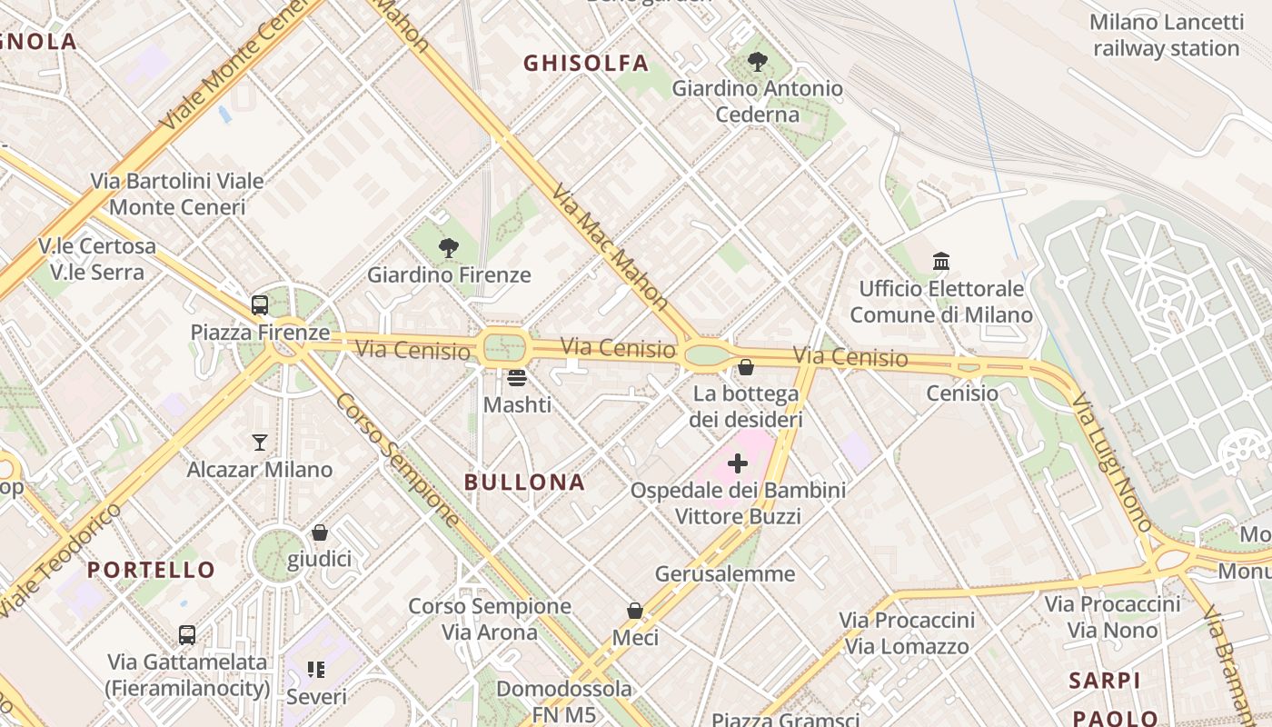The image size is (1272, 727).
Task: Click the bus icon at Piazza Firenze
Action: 260,305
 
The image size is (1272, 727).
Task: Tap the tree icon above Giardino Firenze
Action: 448,247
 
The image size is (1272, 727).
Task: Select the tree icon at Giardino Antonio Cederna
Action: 757,62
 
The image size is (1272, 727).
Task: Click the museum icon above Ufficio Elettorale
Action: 941,262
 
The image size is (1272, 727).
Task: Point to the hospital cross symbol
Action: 738,464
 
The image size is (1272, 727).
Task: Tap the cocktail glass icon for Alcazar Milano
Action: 260,443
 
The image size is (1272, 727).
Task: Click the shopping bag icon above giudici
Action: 319,533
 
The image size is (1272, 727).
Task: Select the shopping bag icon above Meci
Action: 635,611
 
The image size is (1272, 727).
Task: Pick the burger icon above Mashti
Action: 517,377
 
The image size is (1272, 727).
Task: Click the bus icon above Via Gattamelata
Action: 187,635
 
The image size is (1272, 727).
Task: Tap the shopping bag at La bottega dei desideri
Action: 746,367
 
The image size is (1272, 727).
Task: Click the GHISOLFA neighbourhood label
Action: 586,63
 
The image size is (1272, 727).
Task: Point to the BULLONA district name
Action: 524,482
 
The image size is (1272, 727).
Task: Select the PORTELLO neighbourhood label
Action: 151,570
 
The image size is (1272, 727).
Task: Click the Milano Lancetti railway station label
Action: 1167,35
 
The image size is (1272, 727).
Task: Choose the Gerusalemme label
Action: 725,573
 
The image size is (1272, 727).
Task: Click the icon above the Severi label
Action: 316,671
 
